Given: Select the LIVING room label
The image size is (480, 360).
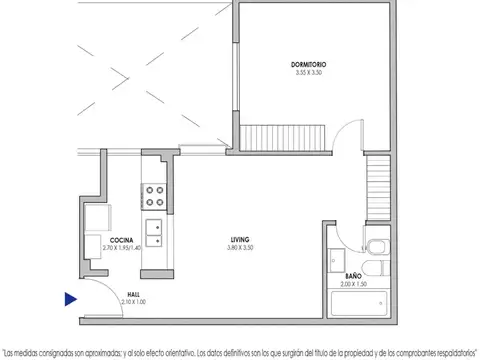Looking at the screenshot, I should [x=240, y=239].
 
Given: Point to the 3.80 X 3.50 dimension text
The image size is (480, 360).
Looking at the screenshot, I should [x=240, y=247].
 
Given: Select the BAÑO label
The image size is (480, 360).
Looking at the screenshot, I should [x=353, y=275].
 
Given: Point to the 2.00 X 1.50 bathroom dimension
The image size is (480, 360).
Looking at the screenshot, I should [x=353, y=283].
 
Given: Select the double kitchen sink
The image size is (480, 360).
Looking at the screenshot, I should [x=155, y=235].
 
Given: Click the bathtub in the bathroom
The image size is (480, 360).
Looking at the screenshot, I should [x=360, y=304].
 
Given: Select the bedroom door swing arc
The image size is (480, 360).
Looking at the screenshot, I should [x=343, y=137].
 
